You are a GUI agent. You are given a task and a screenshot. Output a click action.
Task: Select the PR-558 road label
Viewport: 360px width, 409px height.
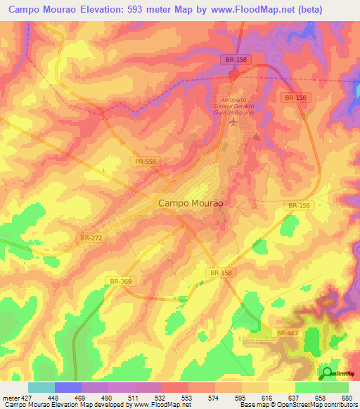tap(146, 162)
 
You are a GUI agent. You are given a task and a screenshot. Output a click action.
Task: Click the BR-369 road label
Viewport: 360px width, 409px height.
tap(122, 280)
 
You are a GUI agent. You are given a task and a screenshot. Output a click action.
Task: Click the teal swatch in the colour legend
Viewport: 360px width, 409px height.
tap(41, 387)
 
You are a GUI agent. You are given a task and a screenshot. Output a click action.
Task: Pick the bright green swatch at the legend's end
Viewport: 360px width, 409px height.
tap(335, 387)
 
